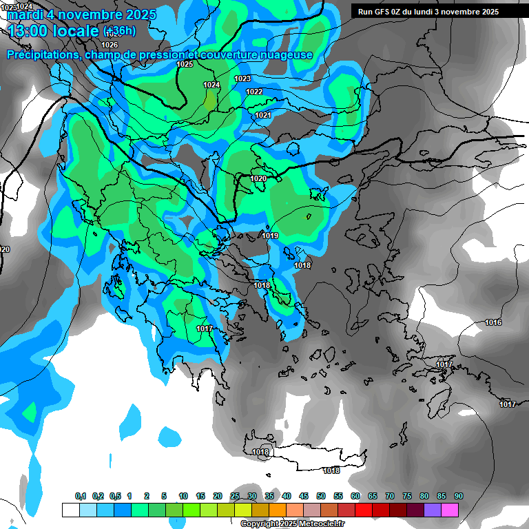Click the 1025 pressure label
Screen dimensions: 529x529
coord(185,64)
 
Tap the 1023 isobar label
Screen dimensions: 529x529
coord(242,79)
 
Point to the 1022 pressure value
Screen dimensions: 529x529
coord(254,92)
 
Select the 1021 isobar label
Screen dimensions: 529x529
coord(263,115)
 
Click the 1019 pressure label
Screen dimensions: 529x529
coord(270,236)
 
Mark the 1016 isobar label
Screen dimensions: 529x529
coord(493,322)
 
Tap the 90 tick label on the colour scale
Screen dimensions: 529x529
coord(458,496)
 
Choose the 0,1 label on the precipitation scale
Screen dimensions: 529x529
coord(81,496)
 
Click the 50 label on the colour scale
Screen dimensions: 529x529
coord(321,496)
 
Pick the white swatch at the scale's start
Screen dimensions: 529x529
coord(70,510)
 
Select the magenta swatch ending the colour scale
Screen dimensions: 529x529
coord(450,510)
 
